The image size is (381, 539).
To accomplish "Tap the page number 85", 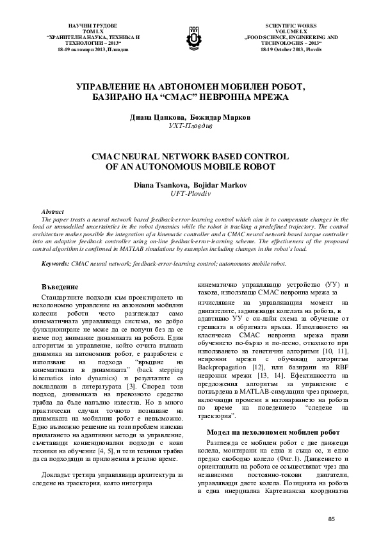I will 331,518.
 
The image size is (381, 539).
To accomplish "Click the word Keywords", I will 56,263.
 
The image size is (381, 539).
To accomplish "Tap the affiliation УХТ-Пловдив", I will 190,127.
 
